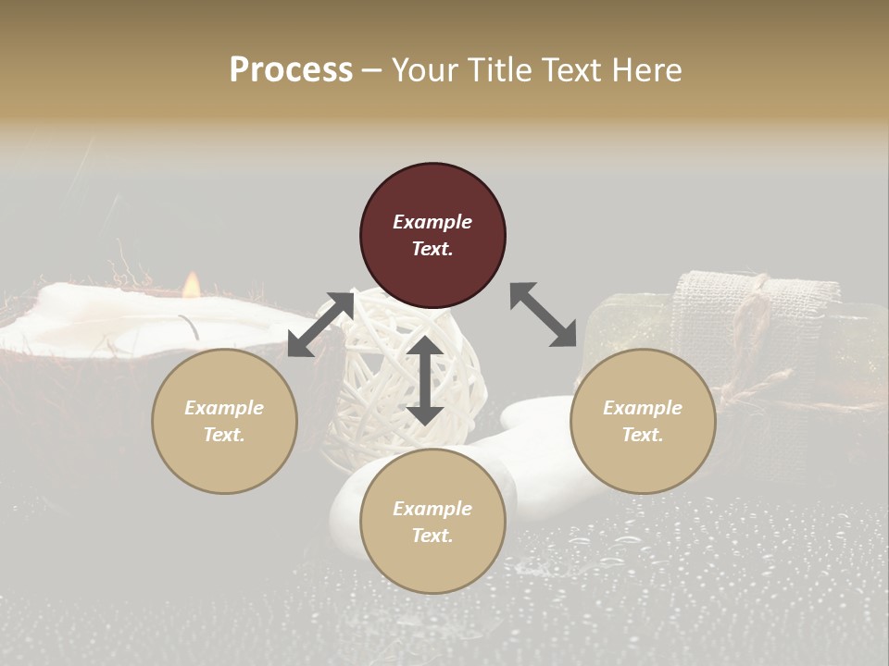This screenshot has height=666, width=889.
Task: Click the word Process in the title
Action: coord(291,70)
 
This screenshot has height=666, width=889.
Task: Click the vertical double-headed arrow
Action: coord(425,380)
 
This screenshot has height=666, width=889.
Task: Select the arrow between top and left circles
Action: coord(320,324)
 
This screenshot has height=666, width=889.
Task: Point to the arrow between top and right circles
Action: coord(543,314)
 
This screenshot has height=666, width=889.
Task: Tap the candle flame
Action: coord(191,284)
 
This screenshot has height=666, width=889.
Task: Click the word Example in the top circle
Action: coord(432,222)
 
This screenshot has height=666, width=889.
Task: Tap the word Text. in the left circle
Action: coord(224,435)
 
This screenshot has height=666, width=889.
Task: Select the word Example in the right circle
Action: coord(643,408)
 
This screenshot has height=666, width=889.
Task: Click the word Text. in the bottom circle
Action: coord(432,536)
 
